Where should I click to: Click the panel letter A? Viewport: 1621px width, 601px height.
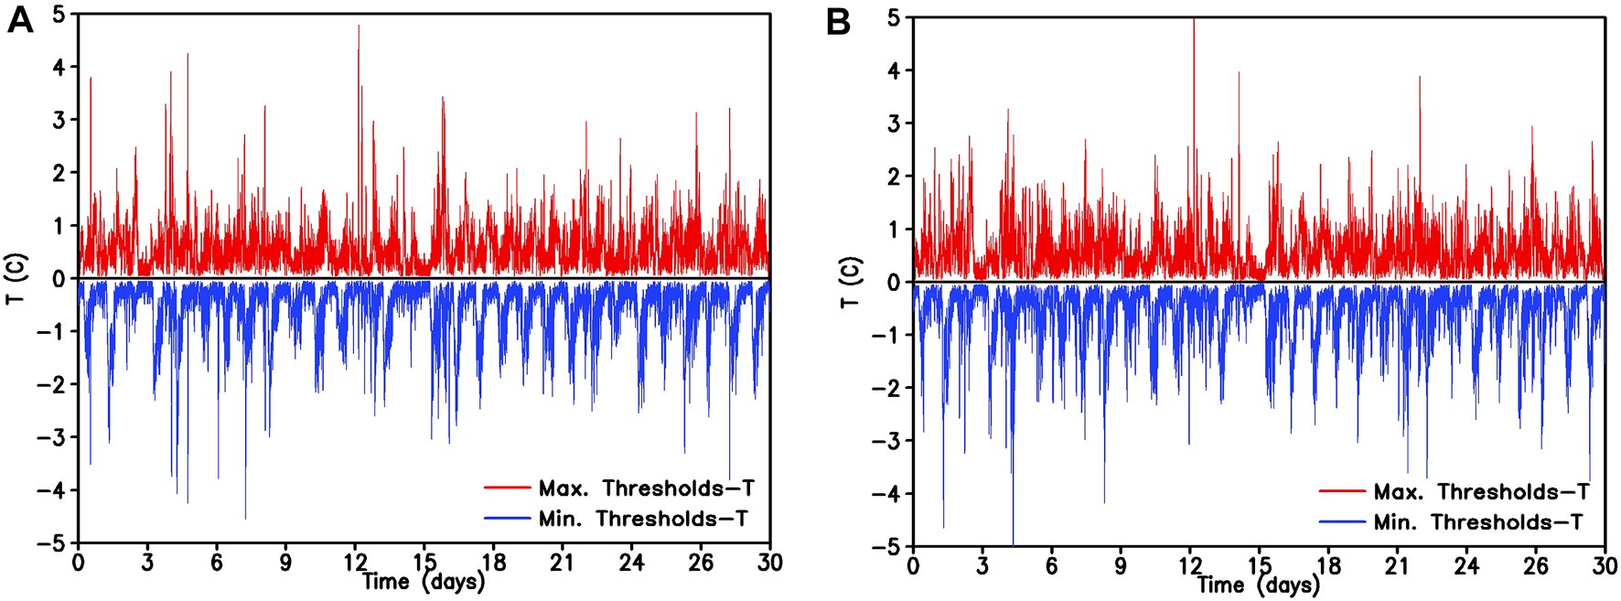[19, 20]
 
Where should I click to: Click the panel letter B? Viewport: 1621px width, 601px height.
[838, 22]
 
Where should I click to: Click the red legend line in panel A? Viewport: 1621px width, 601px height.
[507, 488]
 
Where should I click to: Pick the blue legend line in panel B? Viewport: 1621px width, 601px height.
[1342, 522]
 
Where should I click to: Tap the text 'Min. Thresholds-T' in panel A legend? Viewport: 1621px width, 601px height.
[643, 519]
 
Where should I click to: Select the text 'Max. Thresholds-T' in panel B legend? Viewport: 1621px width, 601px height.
[1481, 492]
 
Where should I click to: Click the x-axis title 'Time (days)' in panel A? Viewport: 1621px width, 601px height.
[423, 582]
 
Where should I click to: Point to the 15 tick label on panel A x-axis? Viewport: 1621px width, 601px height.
[424, 563]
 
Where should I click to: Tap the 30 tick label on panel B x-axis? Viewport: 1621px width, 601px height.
[1605, 566]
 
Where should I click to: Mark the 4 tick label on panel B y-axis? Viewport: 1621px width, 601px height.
[894, 70]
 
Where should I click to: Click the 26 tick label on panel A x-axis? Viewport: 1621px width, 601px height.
[700, 563]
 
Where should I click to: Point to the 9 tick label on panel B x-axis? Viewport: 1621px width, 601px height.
[1121, 566]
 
